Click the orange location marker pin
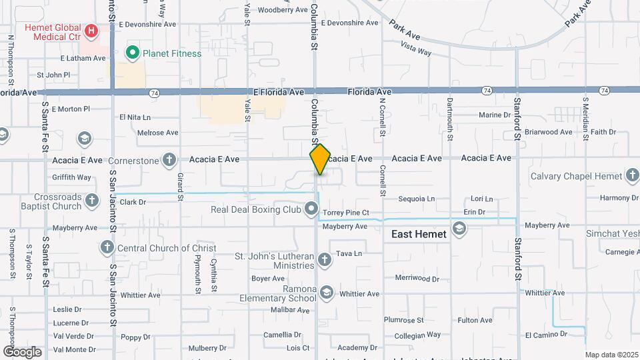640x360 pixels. tap(320, 159)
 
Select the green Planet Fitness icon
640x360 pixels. tap(133, 53)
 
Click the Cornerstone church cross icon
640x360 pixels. tap(170, 160)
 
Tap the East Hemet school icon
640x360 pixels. tap(459, 229)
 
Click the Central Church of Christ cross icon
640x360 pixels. tap(106, 248)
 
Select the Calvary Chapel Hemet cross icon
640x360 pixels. tap(633, 176)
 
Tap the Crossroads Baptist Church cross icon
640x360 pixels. tap(91, 201)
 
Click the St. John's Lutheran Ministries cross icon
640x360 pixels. tap(325, 259)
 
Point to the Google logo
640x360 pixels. tap(22, 352)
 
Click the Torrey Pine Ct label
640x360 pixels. tap(346, 213)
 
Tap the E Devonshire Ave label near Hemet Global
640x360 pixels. tap(147, 23)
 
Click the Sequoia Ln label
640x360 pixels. tap(416, 199)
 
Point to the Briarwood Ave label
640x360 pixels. tap(548, 132)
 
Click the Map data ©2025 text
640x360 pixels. tap(611, 355)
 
